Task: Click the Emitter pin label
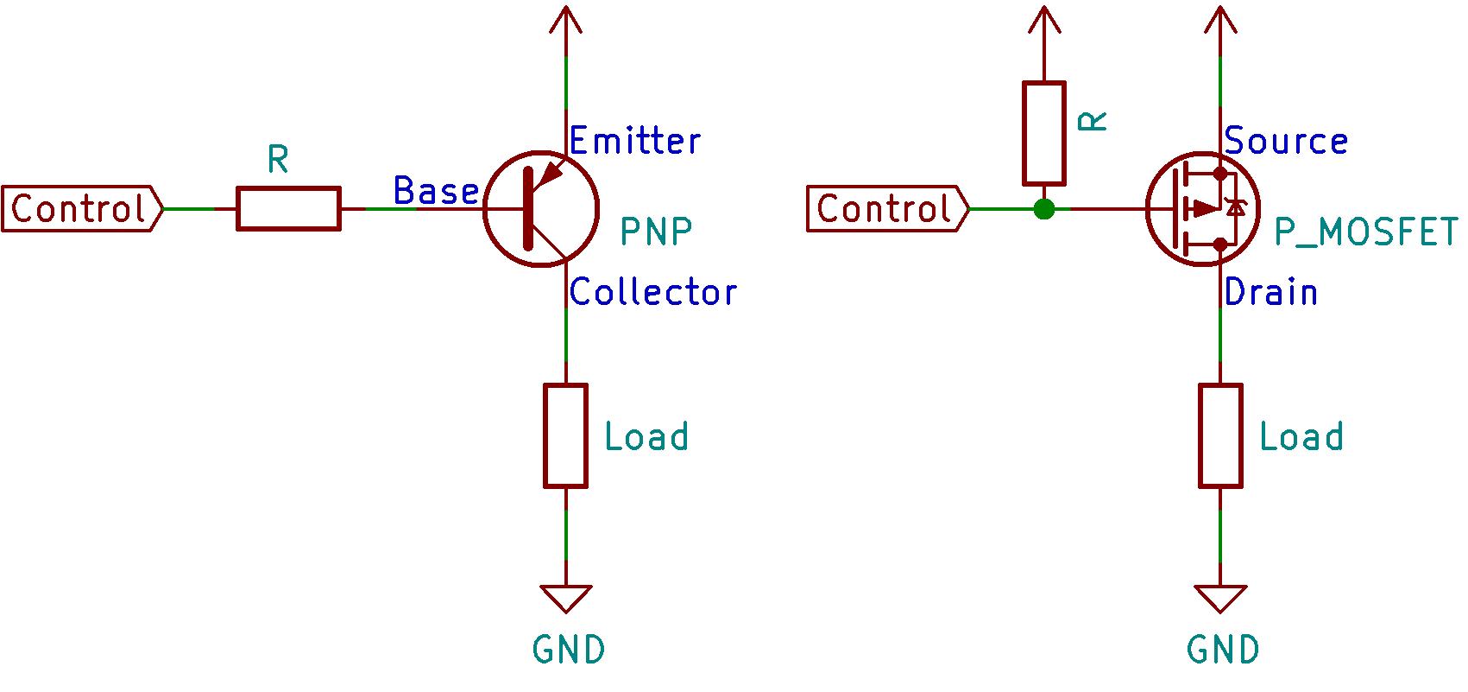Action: coord(634,141)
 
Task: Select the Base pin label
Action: coord(436,191)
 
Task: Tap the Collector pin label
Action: coord(653,292)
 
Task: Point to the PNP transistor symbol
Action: coord(541,209)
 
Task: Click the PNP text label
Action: coord(656,232)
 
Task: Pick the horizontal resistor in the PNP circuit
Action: coord(288,208)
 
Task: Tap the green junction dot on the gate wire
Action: coord(1044,208)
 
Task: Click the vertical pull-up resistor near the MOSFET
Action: coord(1044,133)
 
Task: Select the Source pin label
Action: coord(1286,141)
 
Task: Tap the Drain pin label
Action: coord(1271,292)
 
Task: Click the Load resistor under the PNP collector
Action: coord(566,435)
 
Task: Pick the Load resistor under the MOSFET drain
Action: coord(1220,435)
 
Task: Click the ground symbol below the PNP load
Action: coord(566,598)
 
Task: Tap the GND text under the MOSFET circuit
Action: coord(1223,650)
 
